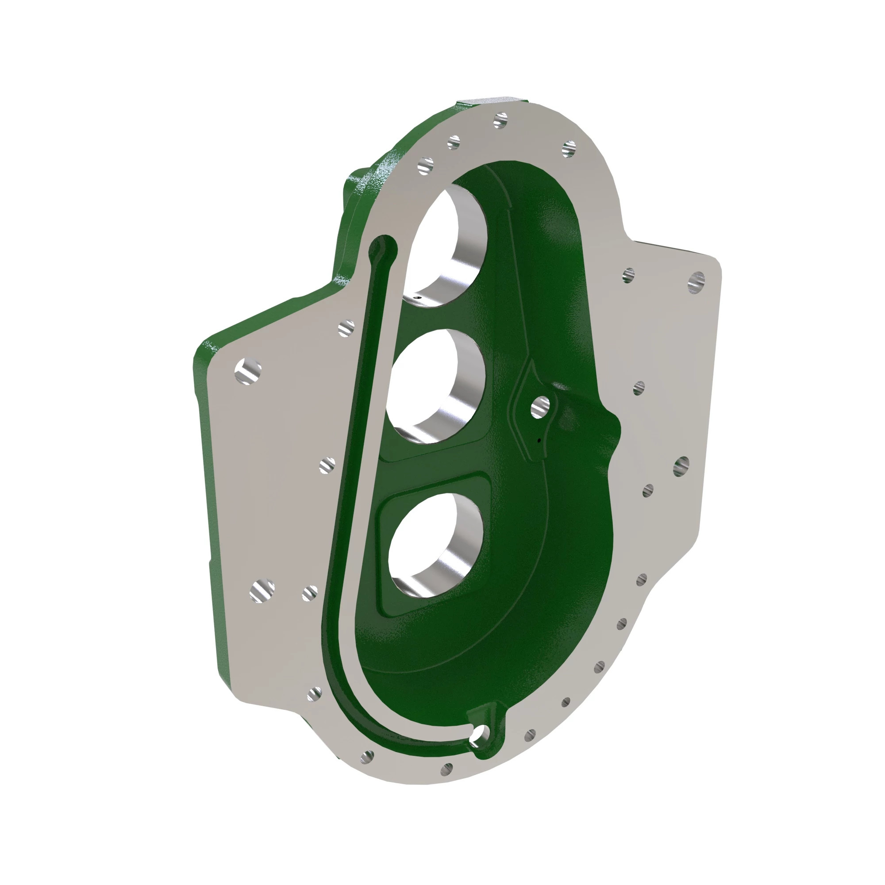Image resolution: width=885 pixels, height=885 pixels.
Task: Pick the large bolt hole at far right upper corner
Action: tap(696, 282)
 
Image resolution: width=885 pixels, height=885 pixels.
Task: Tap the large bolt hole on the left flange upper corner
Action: tap(248, 371)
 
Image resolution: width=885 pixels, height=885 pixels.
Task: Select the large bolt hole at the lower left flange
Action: tap(262, 590)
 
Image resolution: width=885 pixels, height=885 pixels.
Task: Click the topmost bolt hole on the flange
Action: tap(500, 120)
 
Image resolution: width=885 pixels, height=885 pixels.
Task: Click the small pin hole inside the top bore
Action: tap(417, 297)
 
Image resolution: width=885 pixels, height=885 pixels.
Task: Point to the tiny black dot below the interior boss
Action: tap(539, 441)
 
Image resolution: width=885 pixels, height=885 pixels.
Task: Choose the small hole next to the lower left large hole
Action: tap(310, 593)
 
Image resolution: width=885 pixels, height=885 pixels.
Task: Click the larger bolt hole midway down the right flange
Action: tap(681, 466)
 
